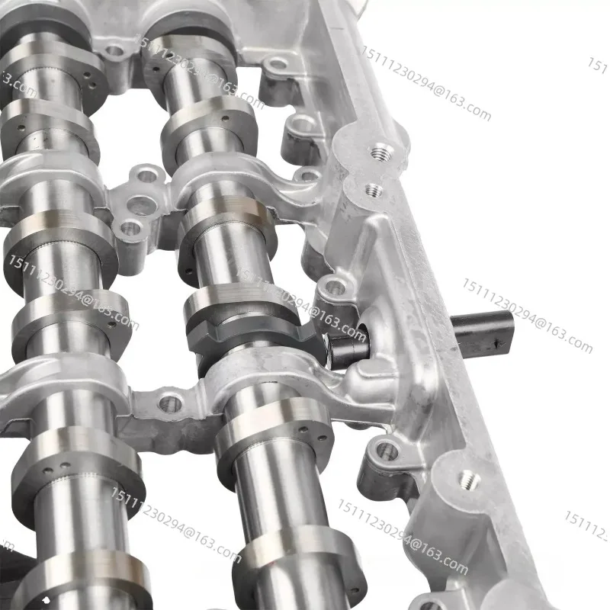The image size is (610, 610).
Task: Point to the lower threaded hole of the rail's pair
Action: click(x=374, y=190)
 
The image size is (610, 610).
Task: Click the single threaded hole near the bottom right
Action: click(x=468, y=481)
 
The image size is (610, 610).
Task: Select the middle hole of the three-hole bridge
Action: click(x=142, y=204)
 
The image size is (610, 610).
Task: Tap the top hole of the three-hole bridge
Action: click(x=147, y=178)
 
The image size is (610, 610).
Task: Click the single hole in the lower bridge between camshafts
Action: click(x=169, y=403)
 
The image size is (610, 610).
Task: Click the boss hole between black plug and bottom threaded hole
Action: click(x=386, y=451)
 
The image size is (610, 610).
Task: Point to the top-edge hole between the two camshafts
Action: click(x=114, y=52)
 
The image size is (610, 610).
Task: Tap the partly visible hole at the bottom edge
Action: click(x=429, y=605)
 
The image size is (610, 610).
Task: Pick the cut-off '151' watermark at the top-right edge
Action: click(x=598, y=66)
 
